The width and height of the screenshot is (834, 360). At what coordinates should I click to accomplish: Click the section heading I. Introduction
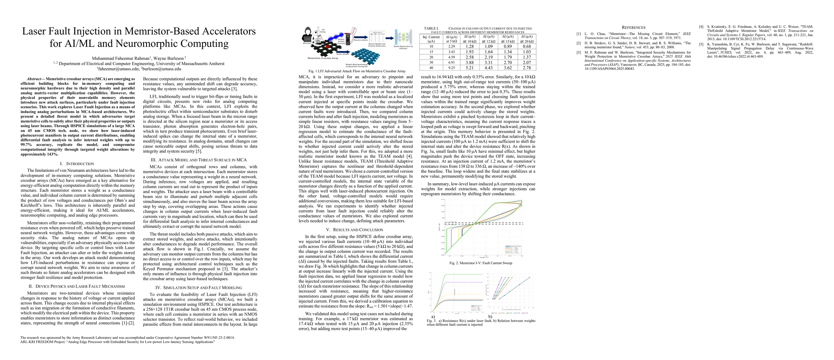click(x=77, y=164)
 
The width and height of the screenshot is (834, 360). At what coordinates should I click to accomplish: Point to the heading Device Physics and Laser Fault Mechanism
click(x=80, y=286)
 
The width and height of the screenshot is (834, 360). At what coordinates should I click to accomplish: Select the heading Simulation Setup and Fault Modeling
click(x=203, y=287)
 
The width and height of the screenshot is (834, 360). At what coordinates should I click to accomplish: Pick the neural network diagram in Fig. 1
click(x=403, y=37)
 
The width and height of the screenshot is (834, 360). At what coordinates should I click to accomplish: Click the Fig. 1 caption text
click(x=357, y=71)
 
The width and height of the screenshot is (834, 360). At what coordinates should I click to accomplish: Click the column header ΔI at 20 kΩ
click(x=526, y=39)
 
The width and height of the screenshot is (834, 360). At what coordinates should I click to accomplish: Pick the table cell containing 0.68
click(x=527, y=46)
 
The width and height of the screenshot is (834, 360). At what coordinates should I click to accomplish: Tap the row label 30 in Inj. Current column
click(x=431, y=62)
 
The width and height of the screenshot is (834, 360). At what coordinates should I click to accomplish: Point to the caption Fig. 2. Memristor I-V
click(x=480, y=263)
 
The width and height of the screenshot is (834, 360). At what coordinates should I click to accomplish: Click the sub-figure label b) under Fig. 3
click(x=490, y=316)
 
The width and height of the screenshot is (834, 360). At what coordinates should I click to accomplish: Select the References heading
click(x=633, y=28)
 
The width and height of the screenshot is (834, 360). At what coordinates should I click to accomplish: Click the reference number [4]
click(x=701, y=26)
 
